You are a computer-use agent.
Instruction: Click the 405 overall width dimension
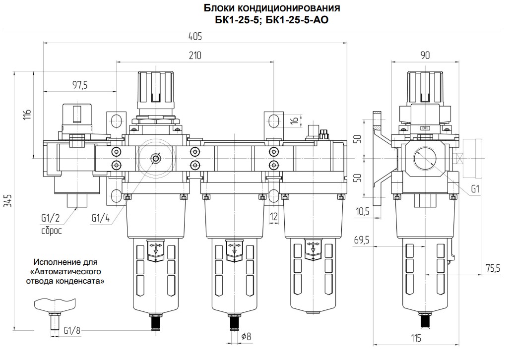coord(195,37)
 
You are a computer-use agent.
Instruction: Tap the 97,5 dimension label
coord(80,85)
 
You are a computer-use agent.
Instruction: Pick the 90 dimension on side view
coord(425,56)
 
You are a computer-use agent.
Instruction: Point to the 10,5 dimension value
coord(363,212)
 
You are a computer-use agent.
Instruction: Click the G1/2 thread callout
coord(51,217)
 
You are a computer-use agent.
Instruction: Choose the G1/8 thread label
coord(72,329)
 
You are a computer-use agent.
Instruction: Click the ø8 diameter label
coord(246,336)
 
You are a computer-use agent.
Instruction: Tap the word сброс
coord(52,231)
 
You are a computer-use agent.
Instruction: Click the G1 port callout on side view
coord(475,189)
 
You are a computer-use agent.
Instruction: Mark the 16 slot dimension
coord(294,120)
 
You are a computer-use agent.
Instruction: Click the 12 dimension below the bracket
coord(274,216)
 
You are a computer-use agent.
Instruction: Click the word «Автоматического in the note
coord(68,271)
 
